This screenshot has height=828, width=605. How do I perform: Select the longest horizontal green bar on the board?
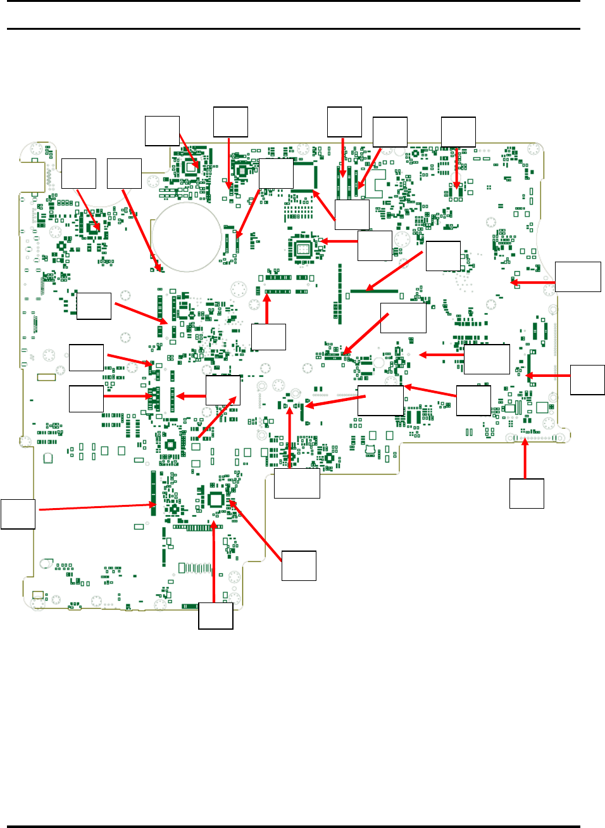pyautogui.click(x=373, y=291)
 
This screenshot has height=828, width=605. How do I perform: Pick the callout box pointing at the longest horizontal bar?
pyautogui.click(x=443, y=256)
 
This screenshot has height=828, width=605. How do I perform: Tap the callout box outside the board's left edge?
pyautogui.click(x=18, y=514)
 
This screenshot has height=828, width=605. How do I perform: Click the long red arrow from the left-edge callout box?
pyautogui.click(x=95, y=507)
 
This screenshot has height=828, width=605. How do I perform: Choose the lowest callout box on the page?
pyautogui.click(x=216, y=615)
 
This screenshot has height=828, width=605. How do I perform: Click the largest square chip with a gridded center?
pyautogui.click(x=303, y=248)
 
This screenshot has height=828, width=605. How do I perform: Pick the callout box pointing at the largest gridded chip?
pyautogui.click(x=375, y=246)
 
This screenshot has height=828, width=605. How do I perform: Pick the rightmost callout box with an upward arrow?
pyautogui.click(x=527, y=494)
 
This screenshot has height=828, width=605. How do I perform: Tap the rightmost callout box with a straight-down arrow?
pyautogui.click(x=458, y=132)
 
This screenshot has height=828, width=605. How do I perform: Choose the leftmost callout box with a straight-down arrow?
pyautogui.click(x=230, y=122)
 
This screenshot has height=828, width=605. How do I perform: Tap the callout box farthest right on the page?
pyautogui.click(x=587, y=379)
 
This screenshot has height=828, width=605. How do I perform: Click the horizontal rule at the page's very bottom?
pyautogui.click(x=293, y=825)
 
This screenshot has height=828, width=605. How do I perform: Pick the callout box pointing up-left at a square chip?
pyautogui.click(x=299, y=566)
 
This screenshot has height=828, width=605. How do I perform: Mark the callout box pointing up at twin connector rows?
pyautogui.click(x=268, y=337)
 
